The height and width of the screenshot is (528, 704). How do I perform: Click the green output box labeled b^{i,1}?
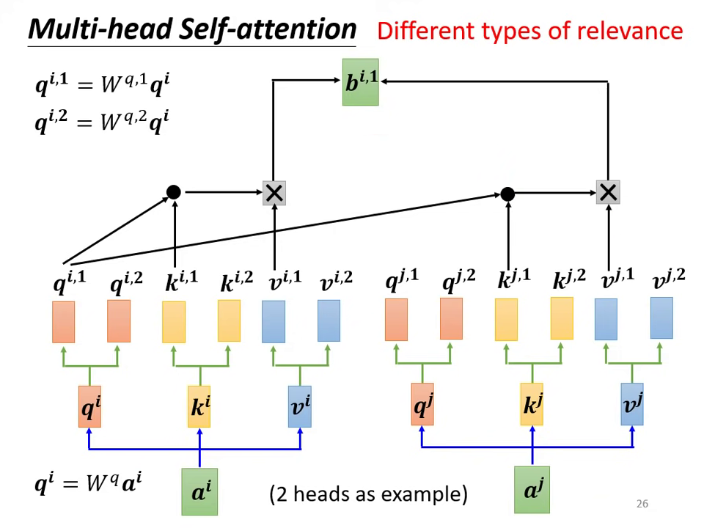360,82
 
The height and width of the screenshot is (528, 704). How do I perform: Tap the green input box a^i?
199,491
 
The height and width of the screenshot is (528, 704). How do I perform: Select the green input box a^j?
532,489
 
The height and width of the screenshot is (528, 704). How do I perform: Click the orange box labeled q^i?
89,406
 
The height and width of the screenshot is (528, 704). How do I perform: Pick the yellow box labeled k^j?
532,405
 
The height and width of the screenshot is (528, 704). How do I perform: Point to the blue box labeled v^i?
299,406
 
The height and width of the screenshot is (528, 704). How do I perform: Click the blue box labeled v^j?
632,404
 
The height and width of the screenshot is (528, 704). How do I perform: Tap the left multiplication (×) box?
274,194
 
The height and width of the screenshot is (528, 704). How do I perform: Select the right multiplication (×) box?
608,193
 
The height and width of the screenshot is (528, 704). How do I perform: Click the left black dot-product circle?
173,192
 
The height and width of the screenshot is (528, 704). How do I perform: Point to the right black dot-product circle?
507,194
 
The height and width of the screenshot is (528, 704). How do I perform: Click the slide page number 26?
642,504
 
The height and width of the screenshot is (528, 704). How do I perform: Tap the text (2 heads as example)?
368,494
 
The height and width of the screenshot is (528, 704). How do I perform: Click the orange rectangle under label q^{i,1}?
64,322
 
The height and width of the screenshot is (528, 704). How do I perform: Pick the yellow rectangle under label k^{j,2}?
562,318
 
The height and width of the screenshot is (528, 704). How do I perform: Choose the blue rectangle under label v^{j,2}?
661,318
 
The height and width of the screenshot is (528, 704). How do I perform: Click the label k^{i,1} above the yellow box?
181,281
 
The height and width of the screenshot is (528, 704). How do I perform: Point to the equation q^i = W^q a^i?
88,484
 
